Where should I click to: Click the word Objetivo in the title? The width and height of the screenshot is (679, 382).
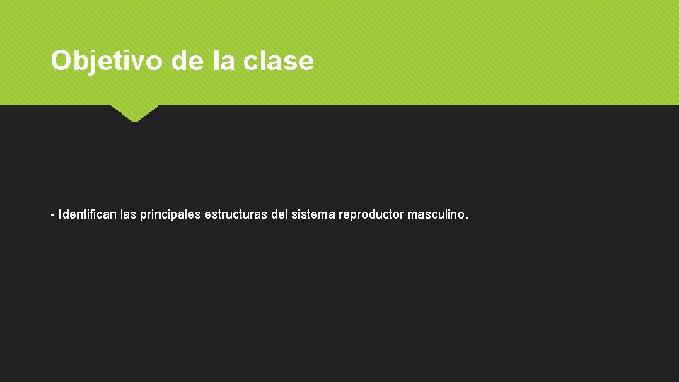pos(108,62)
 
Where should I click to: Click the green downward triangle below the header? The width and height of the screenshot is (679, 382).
pos(134,112)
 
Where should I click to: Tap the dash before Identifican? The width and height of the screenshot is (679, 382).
pos(53,214)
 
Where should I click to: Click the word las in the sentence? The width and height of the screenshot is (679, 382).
pos(129,214)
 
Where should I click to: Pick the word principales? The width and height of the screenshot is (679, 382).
pos(170,214)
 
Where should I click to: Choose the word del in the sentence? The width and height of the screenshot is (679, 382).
pos(279,214)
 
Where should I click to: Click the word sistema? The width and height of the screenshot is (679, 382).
pos(313,214)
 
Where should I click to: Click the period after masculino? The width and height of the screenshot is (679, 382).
pos(466,217)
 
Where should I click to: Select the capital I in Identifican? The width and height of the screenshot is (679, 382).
pos(61,214)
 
